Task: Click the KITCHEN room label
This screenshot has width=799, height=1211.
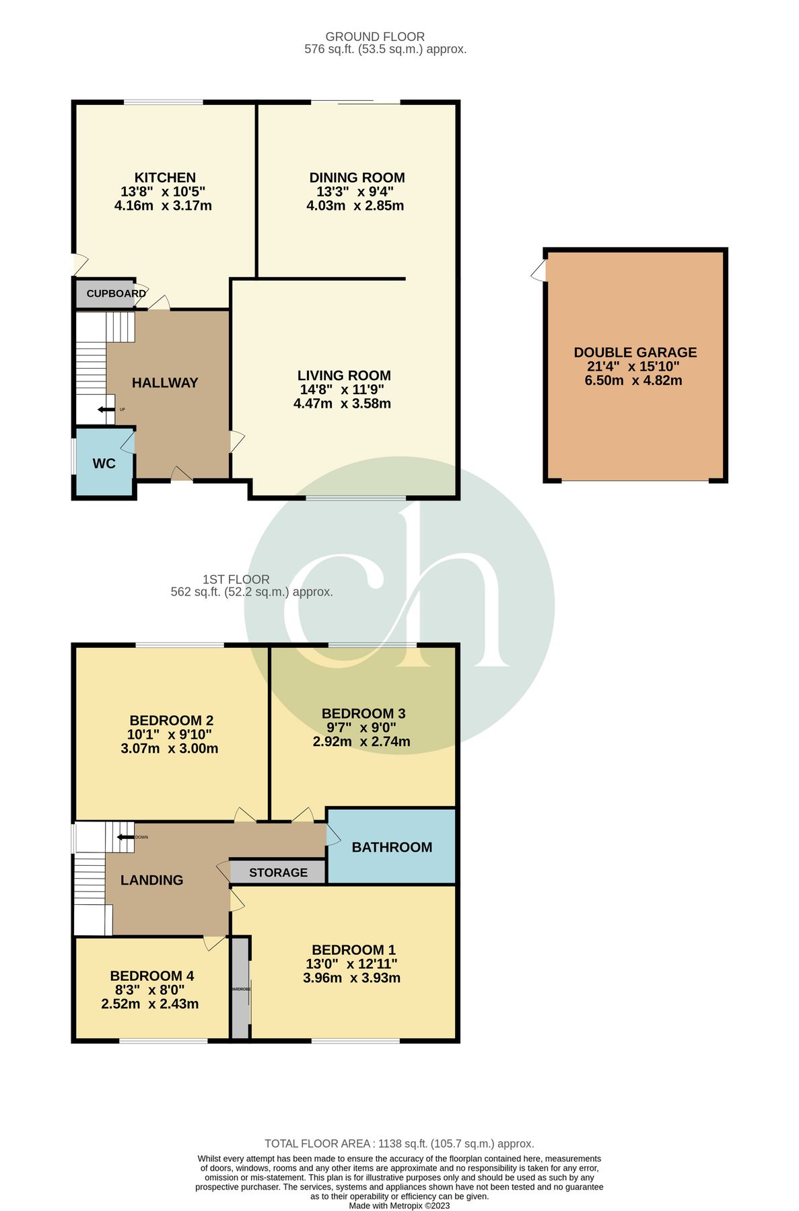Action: pyautogui.click(x=164, y=178)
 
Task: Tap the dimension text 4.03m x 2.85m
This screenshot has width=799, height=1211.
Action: pyautogui.click(x=355, y=206)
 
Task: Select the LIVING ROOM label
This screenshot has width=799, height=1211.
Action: pyautogui.click(x=343, y=375)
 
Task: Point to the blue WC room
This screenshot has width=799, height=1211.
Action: pyautogui.click(x=104, y=464)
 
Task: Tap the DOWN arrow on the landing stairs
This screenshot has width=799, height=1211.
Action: pyautogui.click(x=125, y=837)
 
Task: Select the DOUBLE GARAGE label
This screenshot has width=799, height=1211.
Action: pyautogui.click(x=635, y=352)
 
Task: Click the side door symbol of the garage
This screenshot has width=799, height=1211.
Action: pyautogui.click(x=539, y=271)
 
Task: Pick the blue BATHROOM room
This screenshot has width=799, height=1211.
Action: pyautogui.click(x=392, y=847)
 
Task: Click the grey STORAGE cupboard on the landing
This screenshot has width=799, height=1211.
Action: pyautogui.click(x=278, y=873)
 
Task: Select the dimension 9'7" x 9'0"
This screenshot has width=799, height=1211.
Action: pyautogui.click(x=361, y=727)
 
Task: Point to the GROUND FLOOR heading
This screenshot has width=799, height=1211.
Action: pyautogui.click(x=375, y=36)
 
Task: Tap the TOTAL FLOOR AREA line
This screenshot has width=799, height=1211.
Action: pyautogui.click(x=399, y=1143)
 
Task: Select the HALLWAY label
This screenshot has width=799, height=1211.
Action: pyautogui.click(x=165, y=383)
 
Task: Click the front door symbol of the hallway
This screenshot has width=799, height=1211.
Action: pyautogui.click(x=182, y=475)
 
